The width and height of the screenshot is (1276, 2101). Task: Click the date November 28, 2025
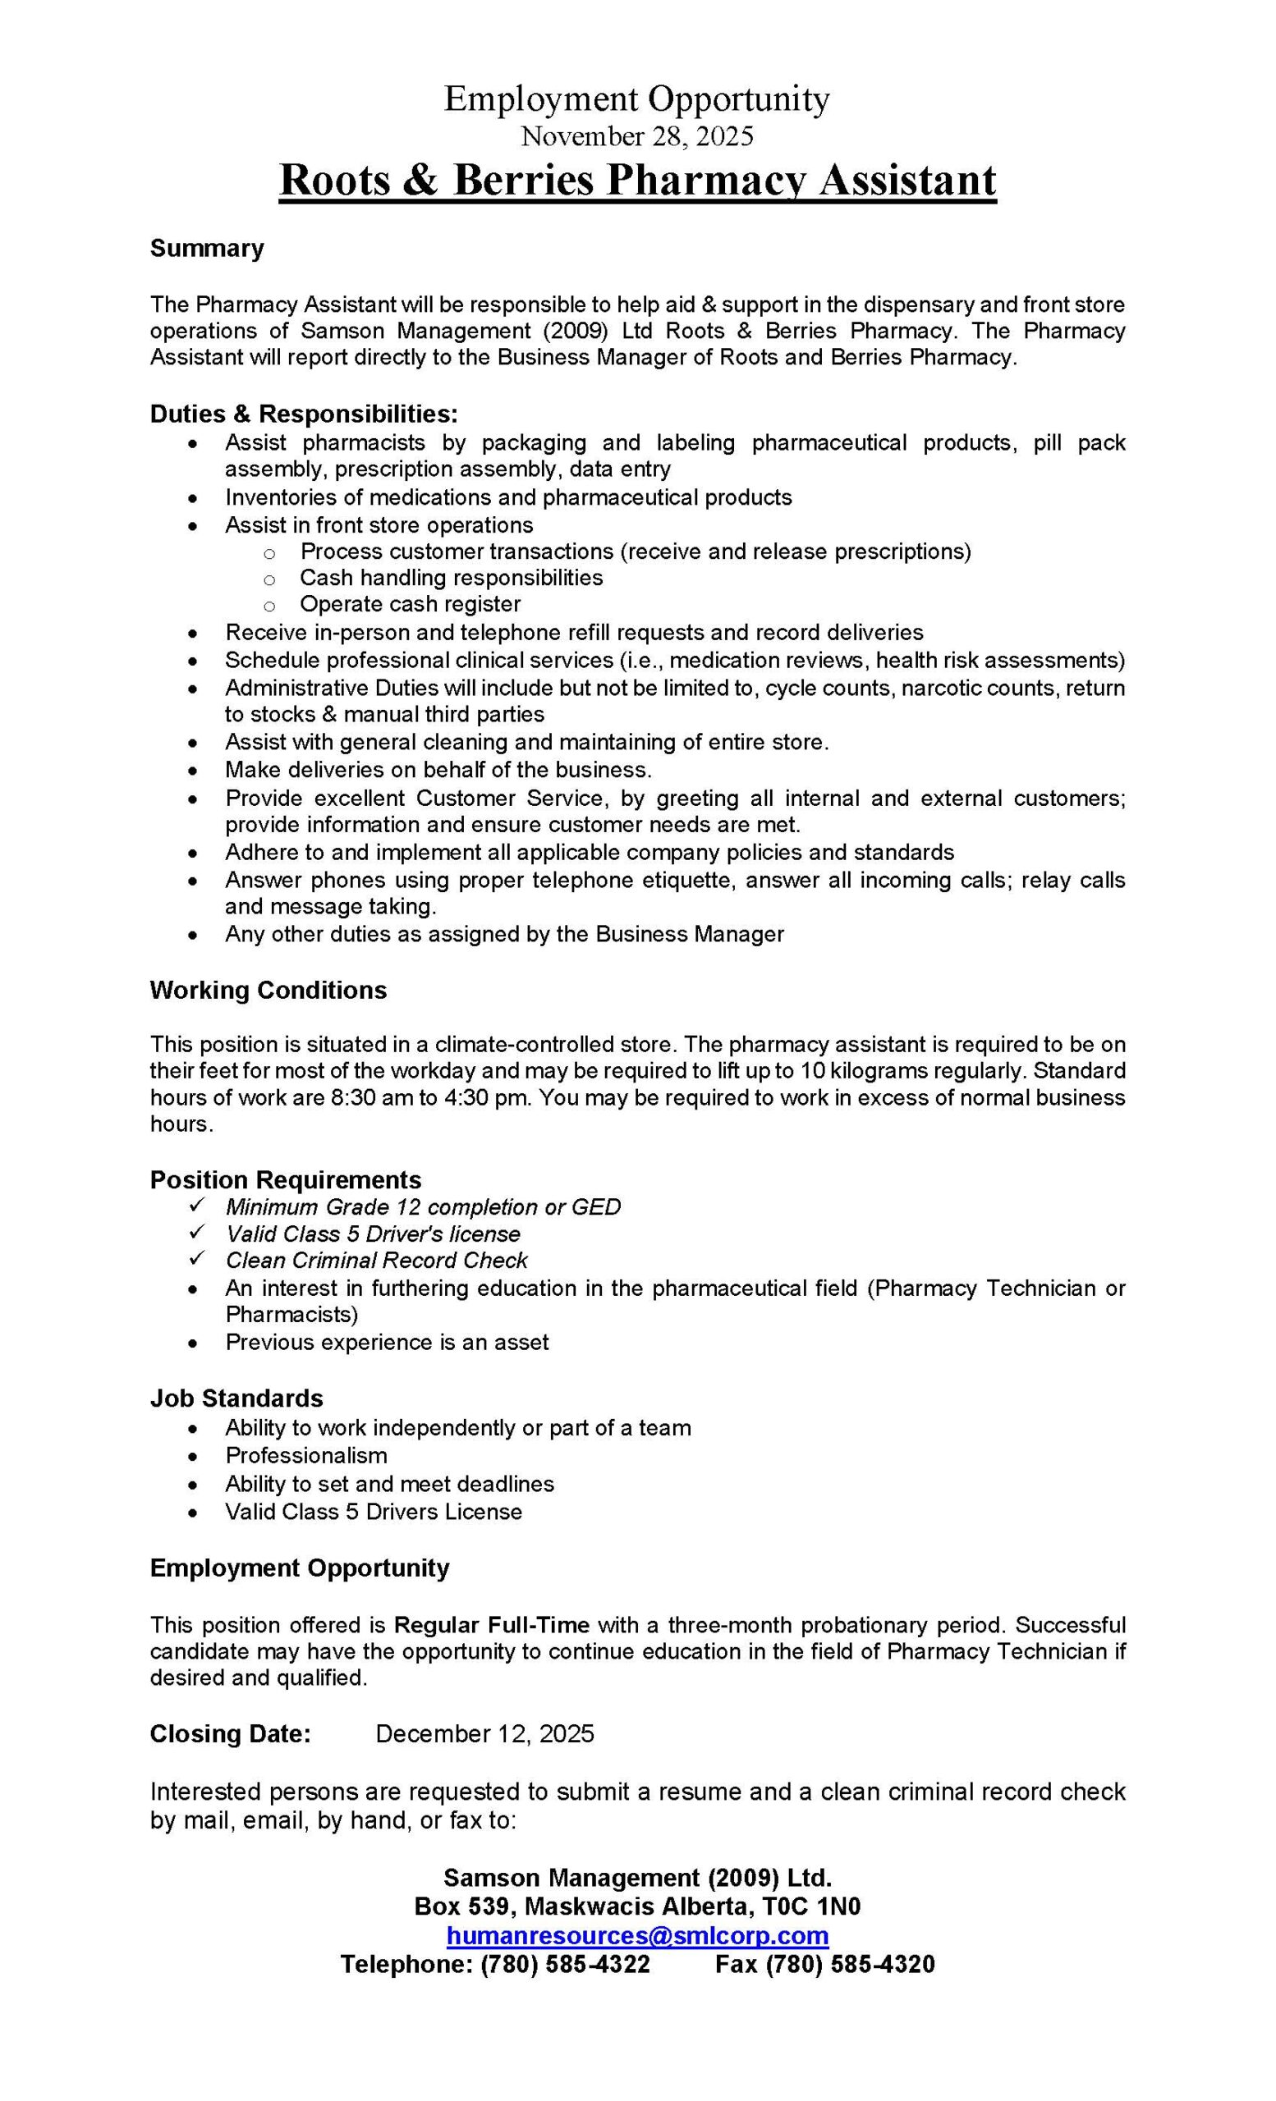[x=637, y=135]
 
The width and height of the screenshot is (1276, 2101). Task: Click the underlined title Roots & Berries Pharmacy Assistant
[x=637, y=181]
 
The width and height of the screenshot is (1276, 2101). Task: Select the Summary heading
[x=206, y=248]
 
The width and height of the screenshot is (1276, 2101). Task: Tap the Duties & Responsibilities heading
[x=304, y=414]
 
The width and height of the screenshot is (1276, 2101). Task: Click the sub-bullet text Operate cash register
[x=410, y=604]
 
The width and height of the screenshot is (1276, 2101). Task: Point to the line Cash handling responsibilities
[x=452, y=577]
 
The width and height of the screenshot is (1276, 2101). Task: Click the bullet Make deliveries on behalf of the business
[x=438, y=769]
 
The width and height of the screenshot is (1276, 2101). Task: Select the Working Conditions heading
[x=268, y=990]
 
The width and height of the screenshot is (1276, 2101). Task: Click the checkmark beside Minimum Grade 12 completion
[x=196, y=1205]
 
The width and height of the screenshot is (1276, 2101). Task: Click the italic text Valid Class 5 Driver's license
[x=373, y=1234]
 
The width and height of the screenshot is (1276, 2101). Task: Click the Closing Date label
[x=230, y=1734]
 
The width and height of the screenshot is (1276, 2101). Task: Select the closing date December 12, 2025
[x=484, y=1734]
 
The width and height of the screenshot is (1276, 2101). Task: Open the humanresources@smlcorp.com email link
[x=637, y=1935]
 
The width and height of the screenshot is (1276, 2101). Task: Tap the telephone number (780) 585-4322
[x=565, y=1965]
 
